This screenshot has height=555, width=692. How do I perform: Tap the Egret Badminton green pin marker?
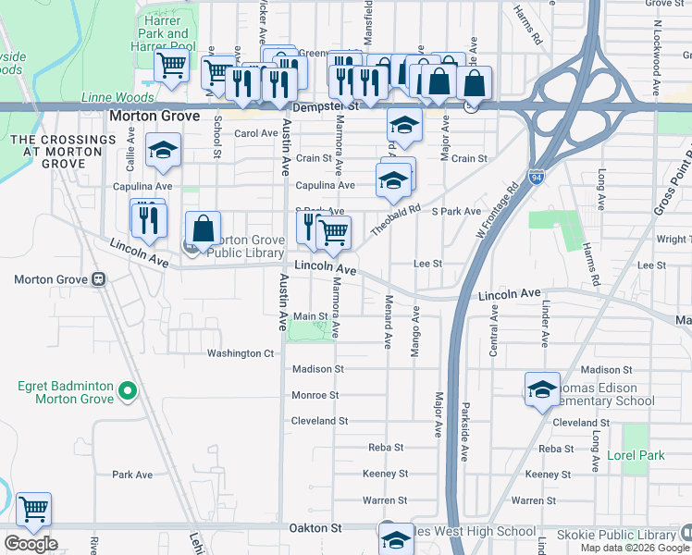click(x=129, y=393)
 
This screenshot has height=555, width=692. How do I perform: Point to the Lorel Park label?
click(x=636, y=456)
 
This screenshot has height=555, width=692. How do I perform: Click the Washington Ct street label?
click(x=241, y=353)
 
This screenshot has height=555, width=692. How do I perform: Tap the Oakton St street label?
click(x=318, y=527)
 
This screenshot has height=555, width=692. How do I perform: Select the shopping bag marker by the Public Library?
click(x=203, y=229)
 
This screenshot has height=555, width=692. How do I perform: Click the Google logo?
click(x=31, y=544)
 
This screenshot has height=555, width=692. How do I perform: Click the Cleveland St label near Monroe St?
click(x=319, y=421)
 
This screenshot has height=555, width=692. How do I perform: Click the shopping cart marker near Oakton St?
click(x=33, y=510)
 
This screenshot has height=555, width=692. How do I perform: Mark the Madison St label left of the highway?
click(x=317, y=368)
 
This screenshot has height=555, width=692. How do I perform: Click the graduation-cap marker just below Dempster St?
click(x=403, y=124)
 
